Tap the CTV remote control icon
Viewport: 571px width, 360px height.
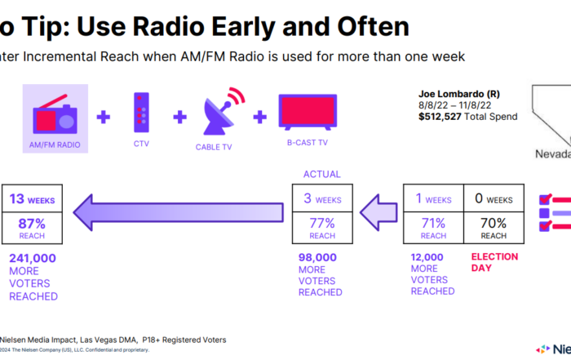142,114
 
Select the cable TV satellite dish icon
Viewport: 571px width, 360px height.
218,113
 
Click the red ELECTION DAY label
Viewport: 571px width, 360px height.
494,262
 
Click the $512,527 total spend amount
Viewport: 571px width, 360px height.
441,117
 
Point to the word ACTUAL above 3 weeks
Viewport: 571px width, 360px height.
321,174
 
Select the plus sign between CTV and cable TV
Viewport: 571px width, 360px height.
179,117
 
